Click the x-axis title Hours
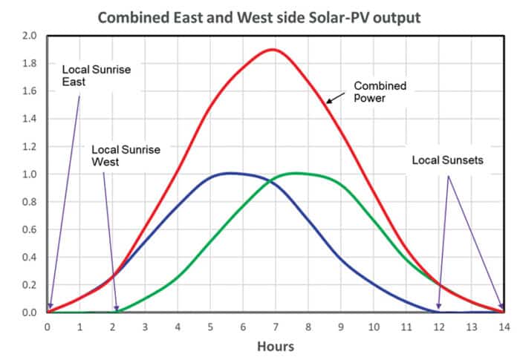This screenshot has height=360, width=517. pos(275,347)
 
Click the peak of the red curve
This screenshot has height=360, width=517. pos(273,50)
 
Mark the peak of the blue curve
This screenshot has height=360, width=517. pos(230,173)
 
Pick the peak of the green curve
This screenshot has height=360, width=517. pos(296,173)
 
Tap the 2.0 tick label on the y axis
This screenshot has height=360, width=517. pos(29,36)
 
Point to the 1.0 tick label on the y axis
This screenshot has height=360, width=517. pos(29,174)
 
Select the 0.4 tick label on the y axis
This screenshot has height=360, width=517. pos(29,257)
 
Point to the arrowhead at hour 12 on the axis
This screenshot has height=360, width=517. pos(439,307)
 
